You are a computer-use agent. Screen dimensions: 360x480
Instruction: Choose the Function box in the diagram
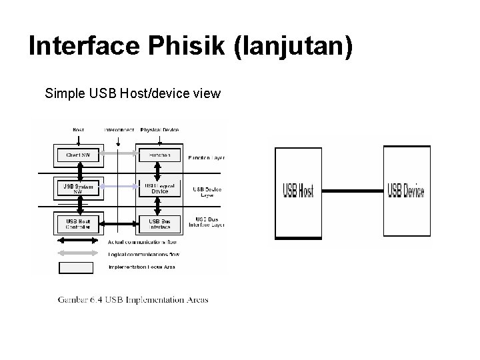point(159,155)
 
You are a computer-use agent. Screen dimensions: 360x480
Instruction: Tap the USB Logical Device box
point(159,188)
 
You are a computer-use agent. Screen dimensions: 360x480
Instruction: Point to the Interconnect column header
point(119,129)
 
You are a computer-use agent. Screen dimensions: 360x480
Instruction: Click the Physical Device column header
point(160,129)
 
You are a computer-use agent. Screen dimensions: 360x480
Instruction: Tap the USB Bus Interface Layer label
point(209,221)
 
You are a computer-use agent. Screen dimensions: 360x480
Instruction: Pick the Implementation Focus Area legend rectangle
point(76,267)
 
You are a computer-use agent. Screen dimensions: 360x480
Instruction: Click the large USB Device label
point(406,191)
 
